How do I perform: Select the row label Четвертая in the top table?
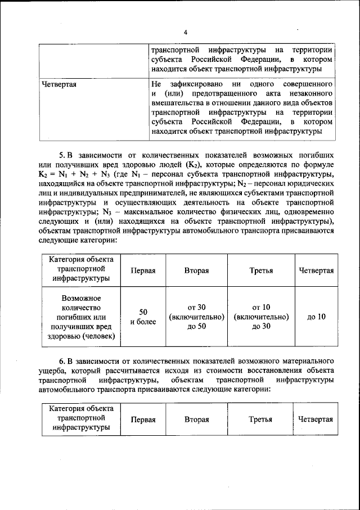click(x=60, y=84)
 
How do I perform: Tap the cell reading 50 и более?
click(x=143, y=317)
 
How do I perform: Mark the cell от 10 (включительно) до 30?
click(x=262, y=317)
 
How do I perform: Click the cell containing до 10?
click(x=316, y=317)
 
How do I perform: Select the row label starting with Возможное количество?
click(x=82, y=317)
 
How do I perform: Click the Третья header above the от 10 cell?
click(x=262, y=270)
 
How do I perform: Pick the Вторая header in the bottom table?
click(x=196, y=419)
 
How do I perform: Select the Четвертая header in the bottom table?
click(x=316, y=419)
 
